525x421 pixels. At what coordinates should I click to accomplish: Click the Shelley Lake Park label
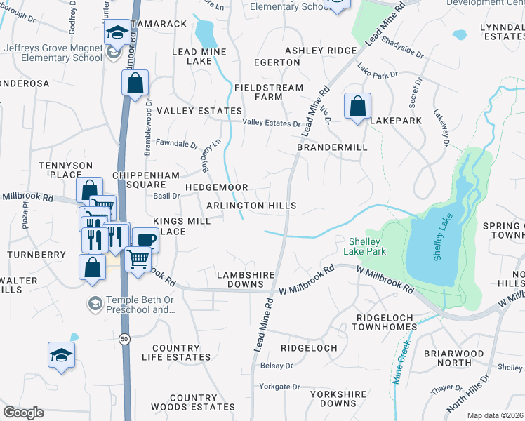tap(366, 246)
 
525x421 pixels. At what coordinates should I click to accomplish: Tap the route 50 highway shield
tap(124, 339)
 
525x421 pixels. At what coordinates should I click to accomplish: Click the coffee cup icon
tap(145, 239)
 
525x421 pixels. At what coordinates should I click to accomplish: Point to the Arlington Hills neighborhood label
tap(251, 206)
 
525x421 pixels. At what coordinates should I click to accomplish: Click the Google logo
tap(23, 413)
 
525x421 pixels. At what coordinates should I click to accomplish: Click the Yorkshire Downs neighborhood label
tap(333, 398)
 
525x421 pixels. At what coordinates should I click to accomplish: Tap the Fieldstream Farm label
tap(268, 92)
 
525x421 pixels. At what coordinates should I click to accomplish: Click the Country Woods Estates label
tap(183, 402)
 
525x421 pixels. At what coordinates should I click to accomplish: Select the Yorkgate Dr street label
tap(279, 387)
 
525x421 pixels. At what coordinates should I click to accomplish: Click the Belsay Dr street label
tap(277, 366)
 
